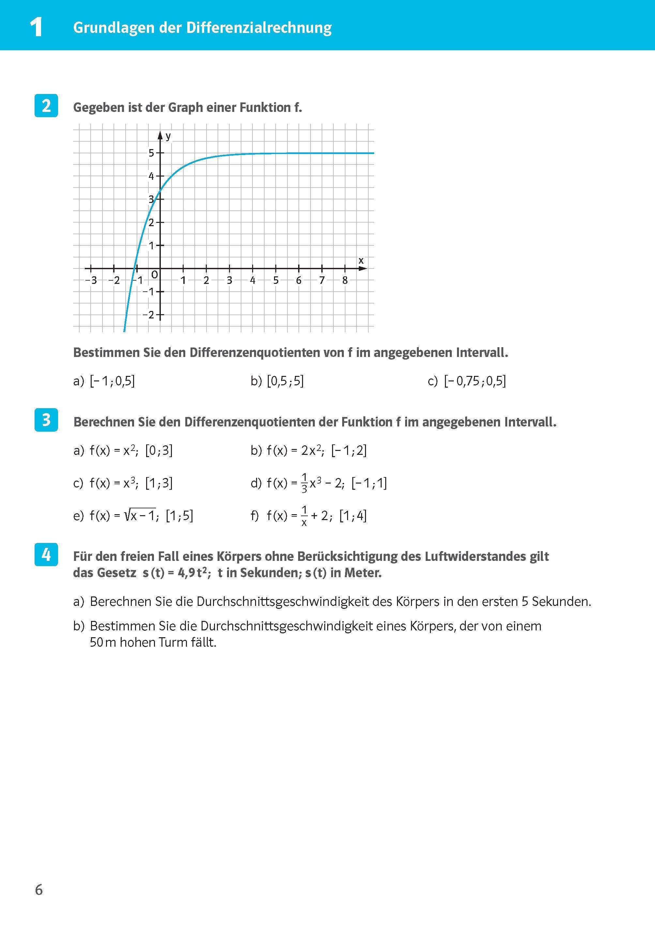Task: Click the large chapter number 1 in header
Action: point(36,27)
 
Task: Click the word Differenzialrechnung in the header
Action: point(259,28)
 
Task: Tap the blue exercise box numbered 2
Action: point(46,106)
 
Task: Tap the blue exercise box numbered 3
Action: point(46,420)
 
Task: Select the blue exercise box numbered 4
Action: point(46,555)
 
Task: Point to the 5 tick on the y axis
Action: point(152,153)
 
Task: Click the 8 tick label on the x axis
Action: point(345,280)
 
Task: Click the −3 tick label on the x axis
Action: point(92,280)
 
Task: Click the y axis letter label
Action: point(168,136)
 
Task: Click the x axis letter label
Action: point(361,261)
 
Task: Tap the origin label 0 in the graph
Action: point(154,275)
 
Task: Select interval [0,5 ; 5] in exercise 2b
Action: point(285,381)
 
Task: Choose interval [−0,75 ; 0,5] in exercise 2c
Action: point(475,381)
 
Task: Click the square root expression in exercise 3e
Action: point(140,515)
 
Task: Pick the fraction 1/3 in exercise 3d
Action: point(304,483)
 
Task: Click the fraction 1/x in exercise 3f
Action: point(304,516)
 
